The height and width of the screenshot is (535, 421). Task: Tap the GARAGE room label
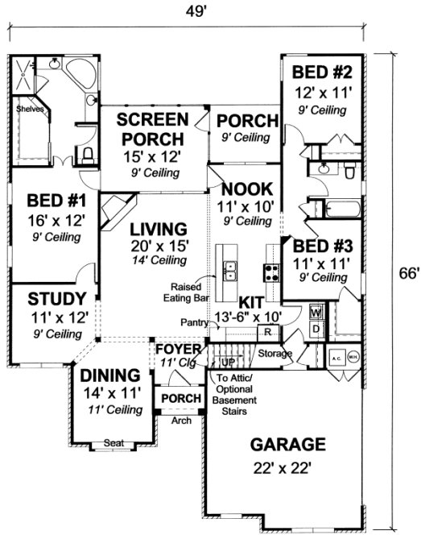[x=287, y=444]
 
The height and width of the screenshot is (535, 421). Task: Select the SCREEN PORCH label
[x=152, y=130]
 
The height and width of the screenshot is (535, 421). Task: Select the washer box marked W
[x=315, y=311]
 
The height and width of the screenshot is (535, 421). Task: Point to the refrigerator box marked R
[x=270, y=332]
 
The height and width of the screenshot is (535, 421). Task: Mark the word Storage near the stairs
[x=274, y=353]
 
